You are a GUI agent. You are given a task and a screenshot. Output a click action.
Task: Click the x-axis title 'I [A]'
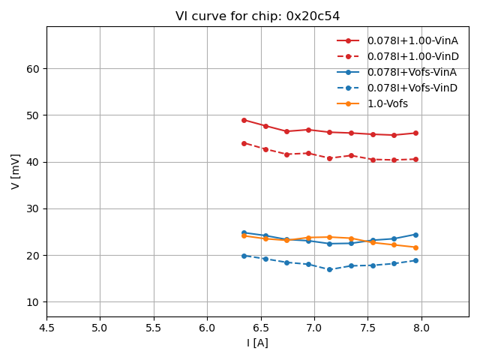(257, 343)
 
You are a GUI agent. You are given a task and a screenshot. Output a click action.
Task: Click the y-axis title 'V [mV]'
(16, 172)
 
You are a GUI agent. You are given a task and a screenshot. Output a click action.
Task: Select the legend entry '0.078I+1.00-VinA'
(412, 40)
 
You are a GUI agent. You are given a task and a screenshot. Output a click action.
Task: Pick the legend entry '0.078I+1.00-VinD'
(412, 56)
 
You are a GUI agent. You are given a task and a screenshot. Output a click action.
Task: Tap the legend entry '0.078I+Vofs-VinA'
(412, 72)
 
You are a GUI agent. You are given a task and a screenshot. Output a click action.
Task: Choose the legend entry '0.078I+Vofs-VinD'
(412, 88)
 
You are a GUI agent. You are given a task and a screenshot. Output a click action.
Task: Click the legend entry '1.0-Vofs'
(388, 103)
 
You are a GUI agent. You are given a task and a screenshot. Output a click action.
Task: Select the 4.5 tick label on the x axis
(46, 328)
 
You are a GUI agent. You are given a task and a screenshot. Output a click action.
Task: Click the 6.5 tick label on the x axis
(260, 328)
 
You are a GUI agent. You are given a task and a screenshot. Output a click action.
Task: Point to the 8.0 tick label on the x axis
(421, 328)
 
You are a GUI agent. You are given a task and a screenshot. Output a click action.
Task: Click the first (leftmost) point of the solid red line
(244, 120)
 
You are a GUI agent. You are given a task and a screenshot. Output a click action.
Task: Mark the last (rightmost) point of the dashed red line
(415, 159)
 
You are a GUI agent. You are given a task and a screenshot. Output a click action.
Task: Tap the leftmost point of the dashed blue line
(244, 256)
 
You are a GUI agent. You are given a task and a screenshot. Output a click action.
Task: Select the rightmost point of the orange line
(415, 247)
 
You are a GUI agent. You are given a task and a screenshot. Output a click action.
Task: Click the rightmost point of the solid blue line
(415, 235)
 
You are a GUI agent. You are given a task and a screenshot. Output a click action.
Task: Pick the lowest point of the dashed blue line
(329, 269)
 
